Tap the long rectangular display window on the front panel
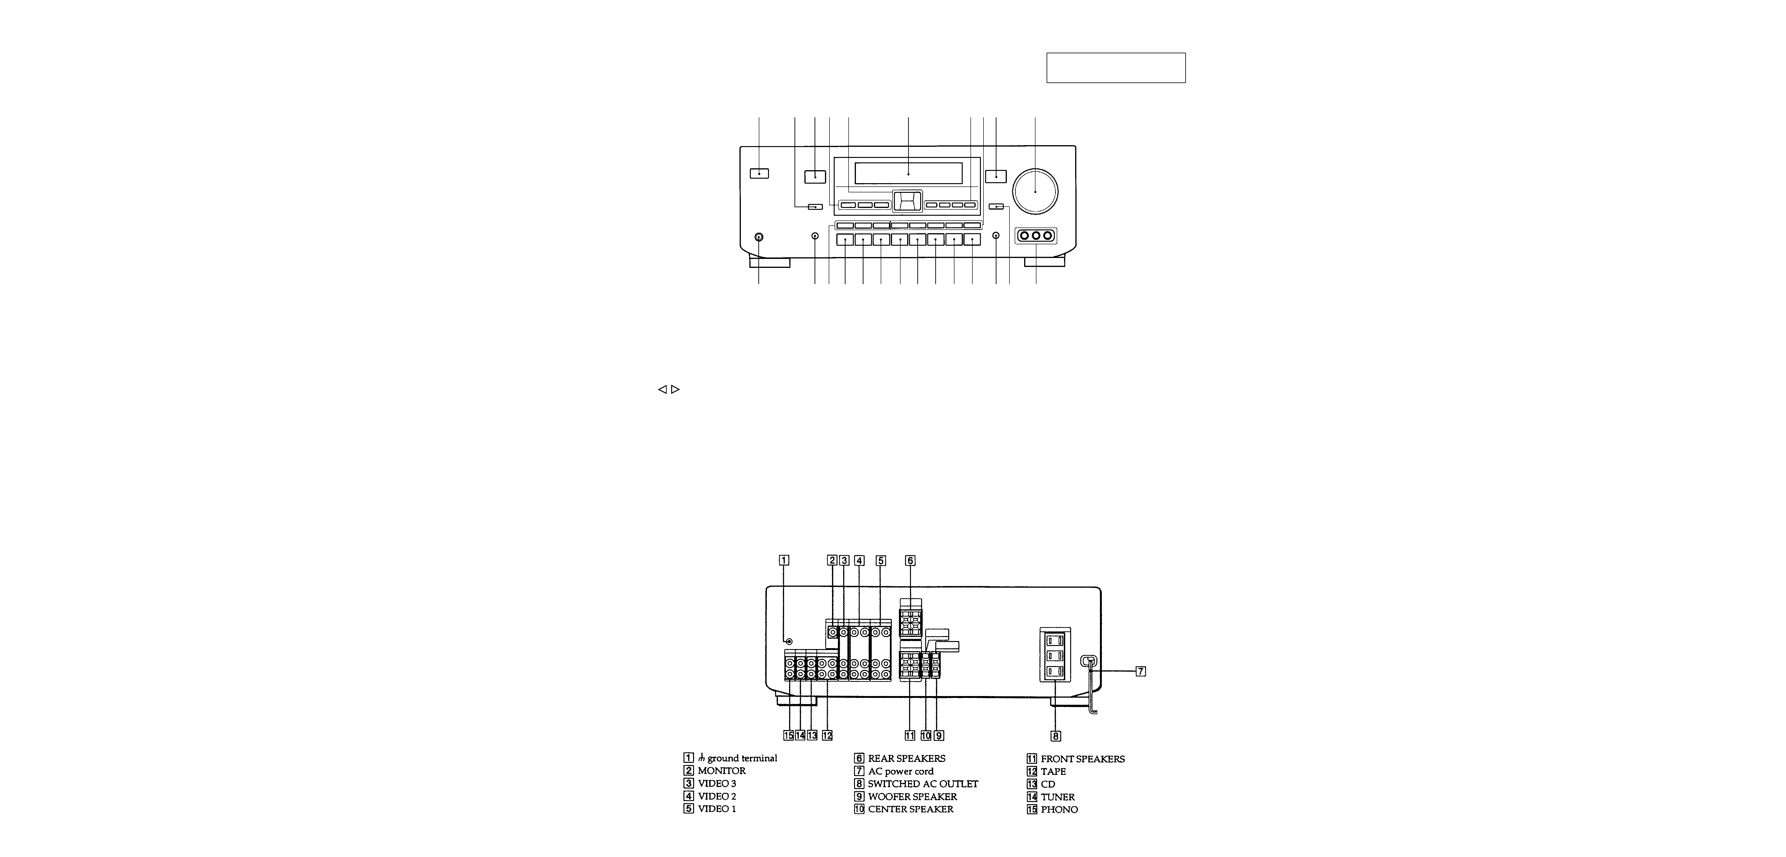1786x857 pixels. click(x=908, y=173)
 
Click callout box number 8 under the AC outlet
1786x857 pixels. click(x=1055, y=736)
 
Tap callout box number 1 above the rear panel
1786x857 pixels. click(x=783, y=561)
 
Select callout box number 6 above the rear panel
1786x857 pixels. click(x=910, y=561)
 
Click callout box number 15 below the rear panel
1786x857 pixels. click(x=788, y=736)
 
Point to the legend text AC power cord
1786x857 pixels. click(x=901, y=771)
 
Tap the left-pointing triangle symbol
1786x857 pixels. click(x=662, y=389)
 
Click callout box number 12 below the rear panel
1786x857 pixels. click(x=827, y=736)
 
